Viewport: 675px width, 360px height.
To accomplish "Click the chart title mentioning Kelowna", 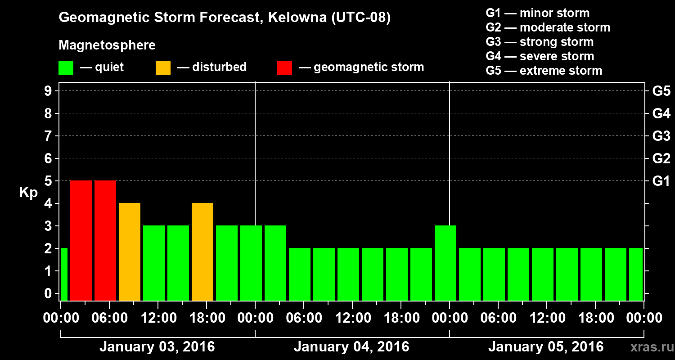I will pyautogui.click(x=225, y=18).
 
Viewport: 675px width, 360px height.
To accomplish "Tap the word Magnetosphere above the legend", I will pyautogui.click(x=107, y=45).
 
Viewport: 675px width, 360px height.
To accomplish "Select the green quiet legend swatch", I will pyautogui.click(x=66, y=67).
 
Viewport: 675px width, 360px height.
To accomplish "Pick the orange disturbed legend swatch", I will pyautogui.click(x=163, y=67).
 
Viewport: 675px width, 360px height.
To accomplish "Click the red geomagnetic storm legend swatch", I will pyautogui.click(x=284, y=67).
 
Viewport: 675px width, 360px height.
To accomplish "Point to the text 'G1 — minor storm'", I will pyautogui.click(x=538, y=13).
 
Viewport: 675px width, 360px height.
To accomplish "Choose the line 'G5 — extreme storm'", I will pyautogui.click(x=544, y=71).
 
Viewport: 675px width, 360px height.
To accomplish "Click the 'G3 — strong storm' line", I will pyautogui.click(x=540, y=42).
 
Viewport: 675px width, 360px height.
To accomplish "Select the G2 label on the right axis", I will pyautogui.click(x=661, y=158).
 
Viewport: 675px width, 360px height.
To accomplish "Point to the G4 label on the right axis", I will pyautogui.click(x=661, y=113).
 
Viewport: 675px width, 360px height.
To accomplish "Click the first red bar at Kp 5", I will pyautogui.click(x=81, y=240).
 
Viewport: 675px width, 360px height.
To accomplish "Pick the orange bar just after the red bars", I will pyautogui.click(x=130, y=252).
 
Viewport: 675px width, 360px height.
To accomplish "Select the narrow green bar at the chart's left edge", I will pyautogui.click(x=64, y=274).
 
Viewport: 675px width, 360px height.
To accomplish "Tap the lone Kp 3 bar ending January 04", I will pyautogui.click(x=445, y=263).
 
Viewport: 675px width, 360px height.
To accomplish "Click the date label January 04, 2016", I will pyautogui.click(x=351, y=347).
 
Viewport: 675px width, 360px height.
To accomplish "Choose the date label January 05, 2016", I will pyautogui.click(x=546, y=347).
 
